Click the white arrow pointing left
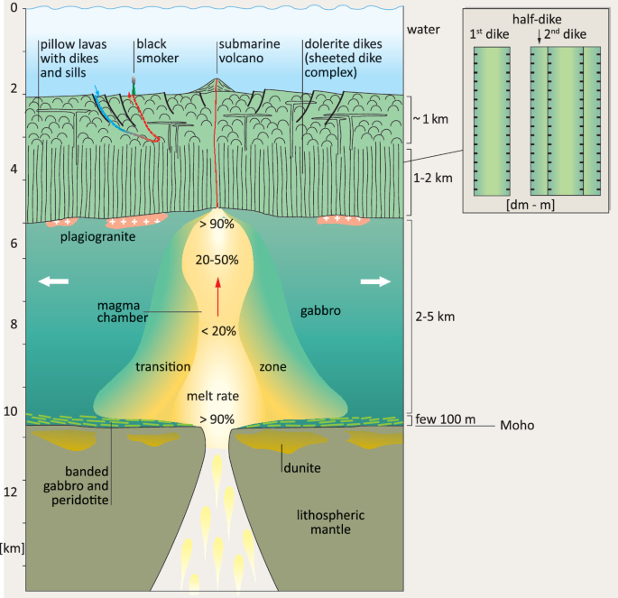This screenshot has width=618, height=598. (x=53, y=281)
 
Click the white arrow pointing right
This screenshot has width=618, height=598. (x=376, y=281)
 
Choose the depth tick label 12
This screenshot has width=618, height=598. (x=14, y=492)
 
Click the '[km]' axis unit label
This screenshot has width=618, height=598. (x=14, y=547)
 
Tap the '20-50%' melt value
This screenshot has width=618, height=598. (x=217, y=260)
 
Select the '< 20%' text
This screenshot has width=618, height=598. (x=218, y=331)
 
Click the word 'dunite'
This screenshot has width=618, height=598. (x=302, y=467)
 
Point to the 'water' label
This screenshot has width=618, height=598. (x=423, y=28)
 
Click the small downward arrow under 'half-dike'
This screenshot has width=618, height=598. (x=539, y=37)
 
